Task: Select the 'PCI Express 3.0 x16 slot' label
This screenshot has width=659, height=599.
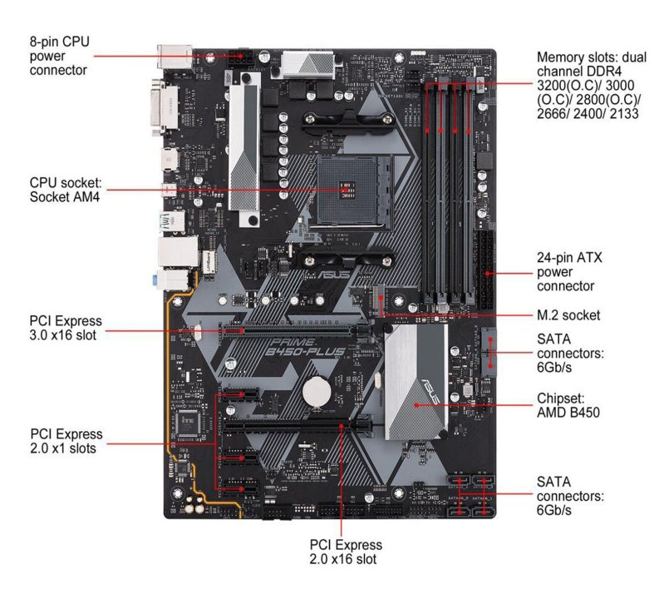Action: pos(66,328)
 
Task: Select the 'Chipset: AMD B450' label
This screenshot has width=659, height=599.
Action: pos(568,404)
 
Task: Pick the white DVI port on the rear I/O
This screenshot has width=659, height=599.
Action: pos(164,106)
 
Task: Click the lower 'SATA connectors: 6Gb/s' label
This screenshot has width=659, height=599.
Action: pos(570,496)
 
